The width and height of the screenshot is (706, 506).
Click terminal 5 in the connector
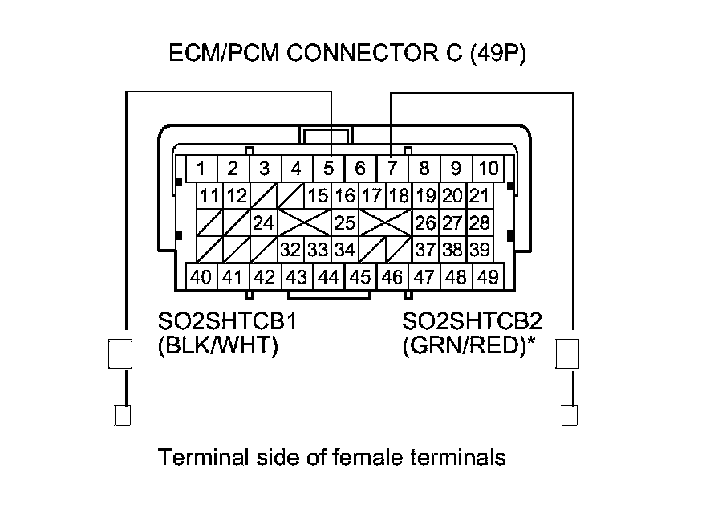pyautogui.click(x=328, y=169)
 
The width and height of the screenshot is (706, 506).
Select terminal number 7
pyautogui.click(x=392, y=169)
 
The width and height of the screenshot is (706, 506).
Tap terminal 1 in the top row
pyautogui.click(x=201, y=169)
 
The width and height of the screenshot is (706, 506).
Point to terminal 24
pyautogui.click(x=263, y=222)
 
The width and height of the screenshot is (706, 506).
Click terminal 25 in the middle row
pyautogui.click(x=345, y=222)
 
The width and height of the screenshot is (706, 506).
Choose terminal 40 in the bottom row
pyautogui.click(x=201, y=277)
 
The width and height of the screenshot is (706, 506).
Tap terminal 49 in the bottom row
pyautogui.click(x=486, y=277)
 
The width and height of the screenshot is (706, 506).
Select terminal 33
pyautogui.click(x=318, y=250)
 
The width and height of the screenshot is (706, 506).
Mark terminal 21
pyautogui.click(x=479, y=195)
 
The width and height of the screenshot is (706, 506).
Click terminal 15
pyautogui.click(x=318, y=195)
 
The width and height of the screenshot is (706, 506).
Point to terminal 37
pyautogui.click(x=425, y=250)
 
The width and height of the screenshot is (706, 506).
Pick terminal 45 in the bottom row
pyautogui.click(x=360, y=277)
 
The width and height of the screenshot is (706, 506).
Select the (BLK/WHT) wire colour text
pyautogui.click(x=218, y=348)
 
